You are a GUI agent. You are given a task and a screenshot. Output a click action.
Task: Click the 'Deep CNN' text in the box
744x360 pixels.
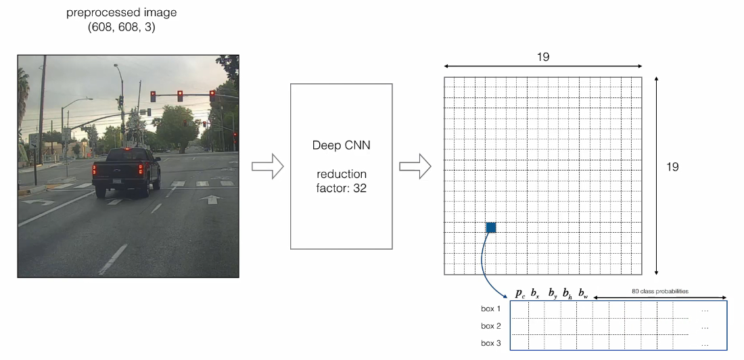(342, 145)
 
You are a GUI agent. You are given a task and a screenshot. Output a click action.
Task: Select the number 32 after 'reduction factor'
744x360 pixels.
(359, 188)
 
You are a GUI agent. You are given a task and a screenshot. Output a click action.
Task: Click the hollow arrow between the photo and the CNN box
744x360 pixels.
(266, 166)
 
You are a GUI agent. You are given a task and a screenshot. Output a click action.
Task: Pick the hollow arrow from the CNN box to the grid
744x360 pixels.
(415, 166)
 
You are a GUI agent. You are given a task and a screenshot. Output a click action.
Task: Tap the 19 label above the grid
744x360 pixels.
(543, 57)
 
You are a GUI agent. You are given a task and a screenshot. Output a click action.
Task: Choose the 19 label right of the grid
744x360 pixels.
(672, 166)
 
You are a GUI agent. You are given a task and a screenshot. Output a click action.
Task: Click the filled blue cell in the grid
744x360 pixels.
(491, 227)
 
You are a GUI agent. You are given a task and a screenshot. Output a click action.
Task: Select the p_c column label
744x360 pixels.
(520, 293)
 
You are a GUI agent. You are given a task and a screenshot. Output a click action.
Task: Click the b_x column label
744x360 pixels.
(535, 293)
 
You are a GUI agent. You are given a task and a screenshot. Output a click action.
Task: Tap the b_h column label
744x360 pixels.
(567, 293)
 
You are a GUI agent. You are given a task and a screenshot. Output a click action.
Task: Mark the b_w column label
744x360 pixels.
(583, 293)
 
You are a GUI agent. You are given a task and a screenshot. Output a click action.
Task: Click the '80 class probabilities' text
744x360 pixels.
(660, 291)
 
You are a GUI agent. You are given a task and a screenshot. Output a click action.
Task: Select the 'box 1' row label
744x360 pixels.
(491, 309)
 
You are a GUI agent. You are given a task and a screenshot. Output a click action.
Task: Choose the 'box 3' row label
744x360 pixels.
(491, 343)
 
